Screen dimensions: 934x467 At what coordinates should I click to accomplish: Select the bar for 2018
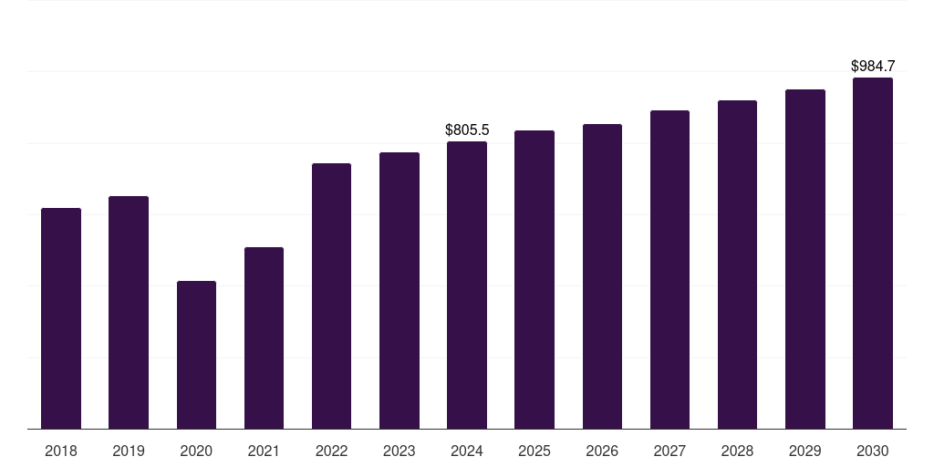[x=61, y=318]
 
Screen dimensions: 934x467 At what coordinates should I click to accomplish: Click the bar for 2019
[x=129, y=313]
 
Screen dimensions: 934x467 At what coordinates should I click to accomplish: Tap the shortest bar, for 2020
[x=197, y=355]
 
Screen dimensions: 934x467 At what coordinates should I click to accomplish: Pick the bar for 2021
[x=264, y=338]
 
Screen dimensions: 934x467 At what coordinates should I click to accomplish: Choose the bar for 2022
[x=331, y=296]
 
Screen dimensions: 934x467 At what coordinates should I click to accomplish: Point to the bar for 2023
[x=400, y=291]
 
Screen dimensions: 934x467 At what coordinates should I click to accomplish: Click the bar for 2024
[x=467, y=285]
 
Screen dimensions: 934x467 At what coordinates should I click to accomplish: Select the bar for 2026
[x=602, y=276]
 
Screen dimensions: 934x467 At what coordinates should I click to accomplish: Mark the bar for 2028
[x=737, y=265]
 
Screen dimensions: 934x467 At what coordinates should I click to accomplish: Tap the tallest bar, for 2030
[x=873, y=254]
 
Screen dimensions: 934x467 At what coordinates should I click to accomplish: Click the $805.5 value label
[x=467, y=130]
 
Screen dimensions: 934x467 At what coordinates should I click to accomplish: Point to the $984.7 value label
[x=873, y=66]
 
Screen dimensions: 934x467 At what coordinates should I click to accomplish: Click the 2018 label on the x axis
[x=61, y=451]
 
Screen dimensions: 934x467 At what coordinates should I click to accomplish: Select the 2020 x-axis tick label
[x=197, y=451]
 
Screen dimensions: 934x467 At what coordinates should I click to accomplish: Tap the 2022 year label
[x=331, y=451]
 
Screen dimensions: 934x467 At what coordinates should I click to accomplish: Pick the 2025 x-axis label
[x=534, y=451]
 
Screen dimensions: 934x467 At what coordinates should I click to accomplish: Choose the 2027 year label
[x=669, y=451]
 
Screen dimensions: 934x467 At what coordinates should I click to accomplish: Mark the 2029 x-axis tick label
[x=804, y=451]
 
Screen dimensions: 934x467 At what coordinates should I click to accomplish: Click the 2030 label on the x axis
[x=873, y=451]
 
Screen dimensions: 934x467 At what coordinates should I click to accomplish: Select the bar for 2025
[x=534, y=280]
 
